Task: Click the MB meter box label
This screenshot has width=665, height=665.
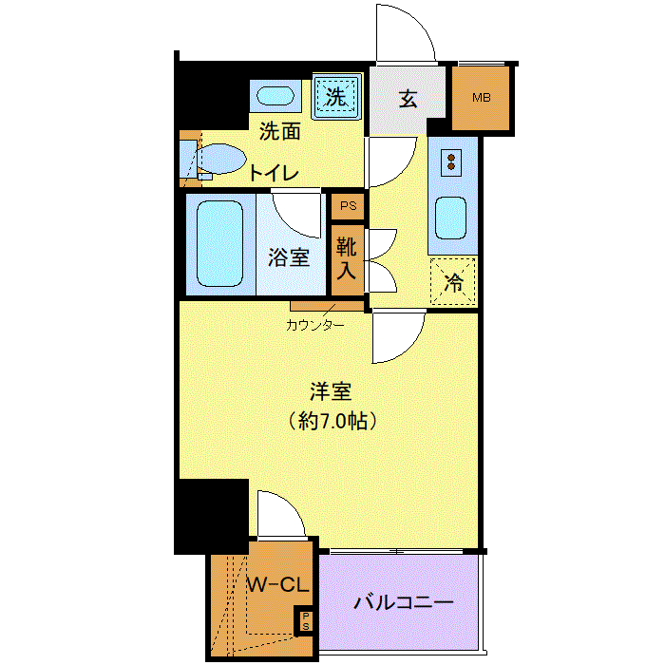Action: (482, 98)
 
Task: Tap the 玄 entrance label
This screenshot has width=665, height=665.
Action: (408, 99)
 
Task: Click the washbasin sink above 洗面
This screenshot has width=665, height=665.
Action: (275, 96)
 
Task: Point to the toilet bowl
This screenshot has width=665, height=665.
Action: (220, 159)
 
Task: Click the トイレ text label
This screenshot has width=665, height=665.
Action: (274, 173)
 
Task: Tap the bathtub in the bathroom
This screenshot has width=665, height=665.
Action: (220, 243)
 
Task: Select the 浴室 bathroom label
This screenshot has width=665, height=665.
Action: (289, 257)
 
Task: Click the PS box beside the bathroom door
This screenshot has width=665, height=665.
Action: (349, 206)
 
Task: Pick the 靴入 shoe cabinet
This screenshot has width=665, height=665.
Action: (348, 259)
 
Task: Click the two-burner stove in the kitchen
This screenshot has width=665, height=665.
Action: (451, 162)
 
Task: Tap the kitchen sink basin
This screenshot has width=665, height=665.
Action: (450, 218)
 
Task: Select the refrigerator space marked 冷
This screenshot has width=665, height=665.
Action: (453, 281)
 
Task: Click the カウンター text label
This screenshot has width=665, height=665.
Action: (314, 325)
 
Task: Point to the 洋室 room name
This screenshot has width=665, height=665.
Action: (331, 391)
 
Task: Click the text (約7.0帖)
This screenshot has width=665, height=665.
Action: (332, 421)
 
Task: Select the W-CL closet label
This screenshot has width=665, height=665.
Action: (277, 585)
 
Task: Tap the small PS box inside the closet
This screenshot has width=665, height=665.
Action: (305, 620)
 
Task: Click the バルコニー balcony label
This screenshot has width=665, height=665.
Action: (404, 602)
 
